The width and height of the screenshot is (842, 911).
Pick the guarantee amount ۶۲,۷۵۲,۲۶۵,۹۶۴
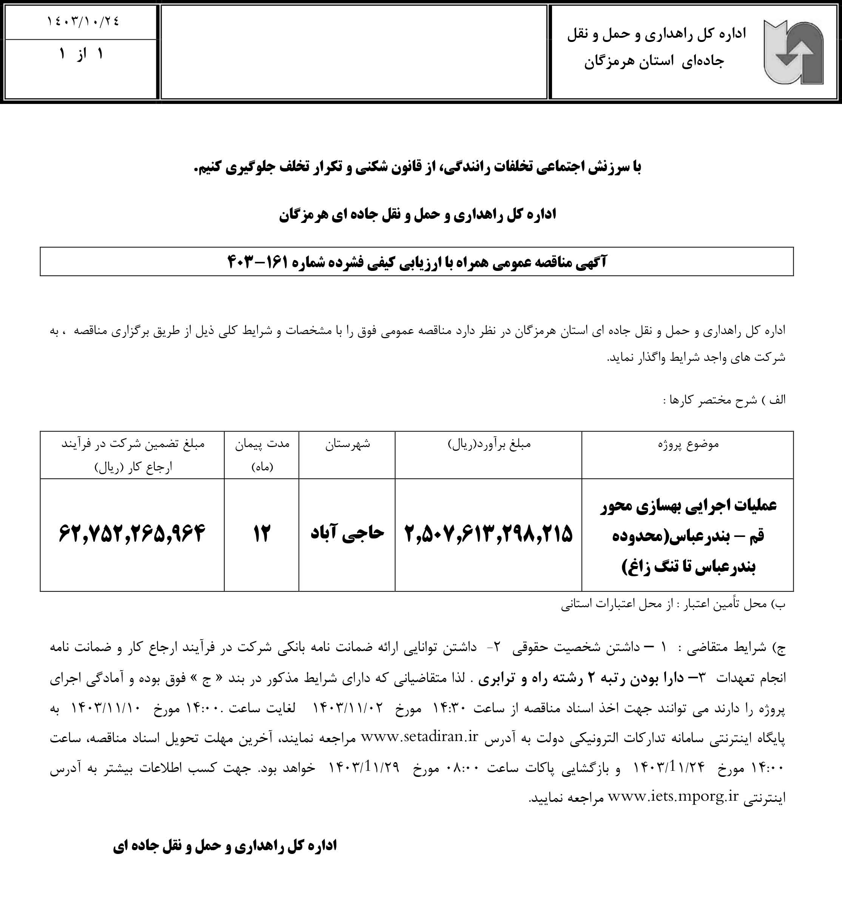(132, 532)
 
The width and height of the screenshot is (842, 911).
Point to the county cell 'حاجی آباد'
(347, 532)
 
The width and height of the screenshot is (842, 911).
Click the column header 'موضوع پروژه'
(688, 444)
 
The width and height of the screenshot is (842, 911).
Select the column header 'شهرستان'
(347, 444)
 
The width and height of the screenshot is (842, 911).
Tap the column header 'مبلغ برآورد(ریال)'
(489, 444)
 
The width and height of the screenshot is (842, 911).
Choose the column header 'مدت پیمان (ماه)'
(262, 455)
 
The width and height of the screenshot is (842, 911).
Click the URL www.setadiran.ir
(419, 736)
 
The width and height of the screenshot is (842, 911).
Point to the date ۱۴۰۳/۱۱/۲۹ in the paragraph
(364, 767)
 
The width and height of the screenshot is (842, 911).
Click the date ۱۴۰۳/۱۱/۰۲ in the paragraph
(348, 708)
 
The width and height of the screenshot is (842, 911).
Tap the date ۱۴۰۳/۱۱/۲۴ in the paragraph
(669, 767)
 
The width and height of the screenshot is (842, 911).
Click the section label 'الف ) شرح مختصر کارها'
(725, 400)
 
